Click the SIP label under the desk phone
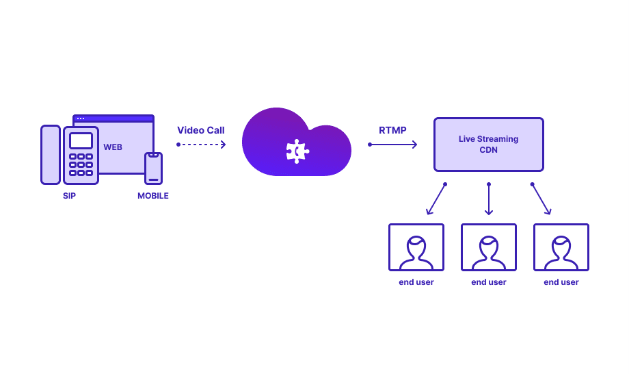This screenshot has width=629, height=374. [x=69, y=196]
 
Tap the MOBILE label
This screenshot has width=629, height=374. [x=153, y=196]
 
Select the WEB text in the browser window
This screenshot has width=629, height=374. [x=113, y=147]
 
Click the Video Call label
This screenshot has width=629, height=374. [x=201, y=130]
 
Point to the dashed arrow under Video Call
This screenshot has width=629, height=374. [x=202, y=145]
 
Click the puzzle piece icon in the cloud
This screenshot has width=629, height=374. [x=297, y=151]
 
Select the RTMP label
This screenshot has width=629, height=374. [x=392, y=130]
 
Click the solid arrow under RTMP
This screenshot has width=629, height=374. [x=393, y=145]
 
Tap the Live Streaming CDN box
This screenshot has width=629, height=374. [x=488, y=144]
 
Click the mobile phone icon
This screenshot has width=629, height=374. [x=154, y=169]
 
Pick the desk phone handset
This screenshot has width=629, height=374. [x=51, y=155]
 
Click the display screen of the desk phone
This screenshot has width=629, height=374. [x=81, y=141]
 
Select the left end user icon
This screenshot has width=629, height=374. [x=416, y=247]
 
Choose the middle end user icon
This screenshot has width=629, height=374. [x=489, y=247]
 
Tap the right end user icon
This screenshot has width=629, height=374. [x=561, y=247]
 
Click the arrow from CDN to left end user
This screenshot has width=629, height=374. [x=436, y=199]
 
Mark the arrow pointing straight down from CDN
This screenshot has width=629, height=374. [x=489, y=199]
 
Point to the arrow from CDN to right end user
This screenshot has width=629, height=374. [x=541, y=199]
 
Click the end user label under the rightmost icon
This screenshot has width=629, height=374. [x=561, y=282]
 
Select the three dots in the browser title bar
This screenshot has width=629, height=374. [x=81, y=119]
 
